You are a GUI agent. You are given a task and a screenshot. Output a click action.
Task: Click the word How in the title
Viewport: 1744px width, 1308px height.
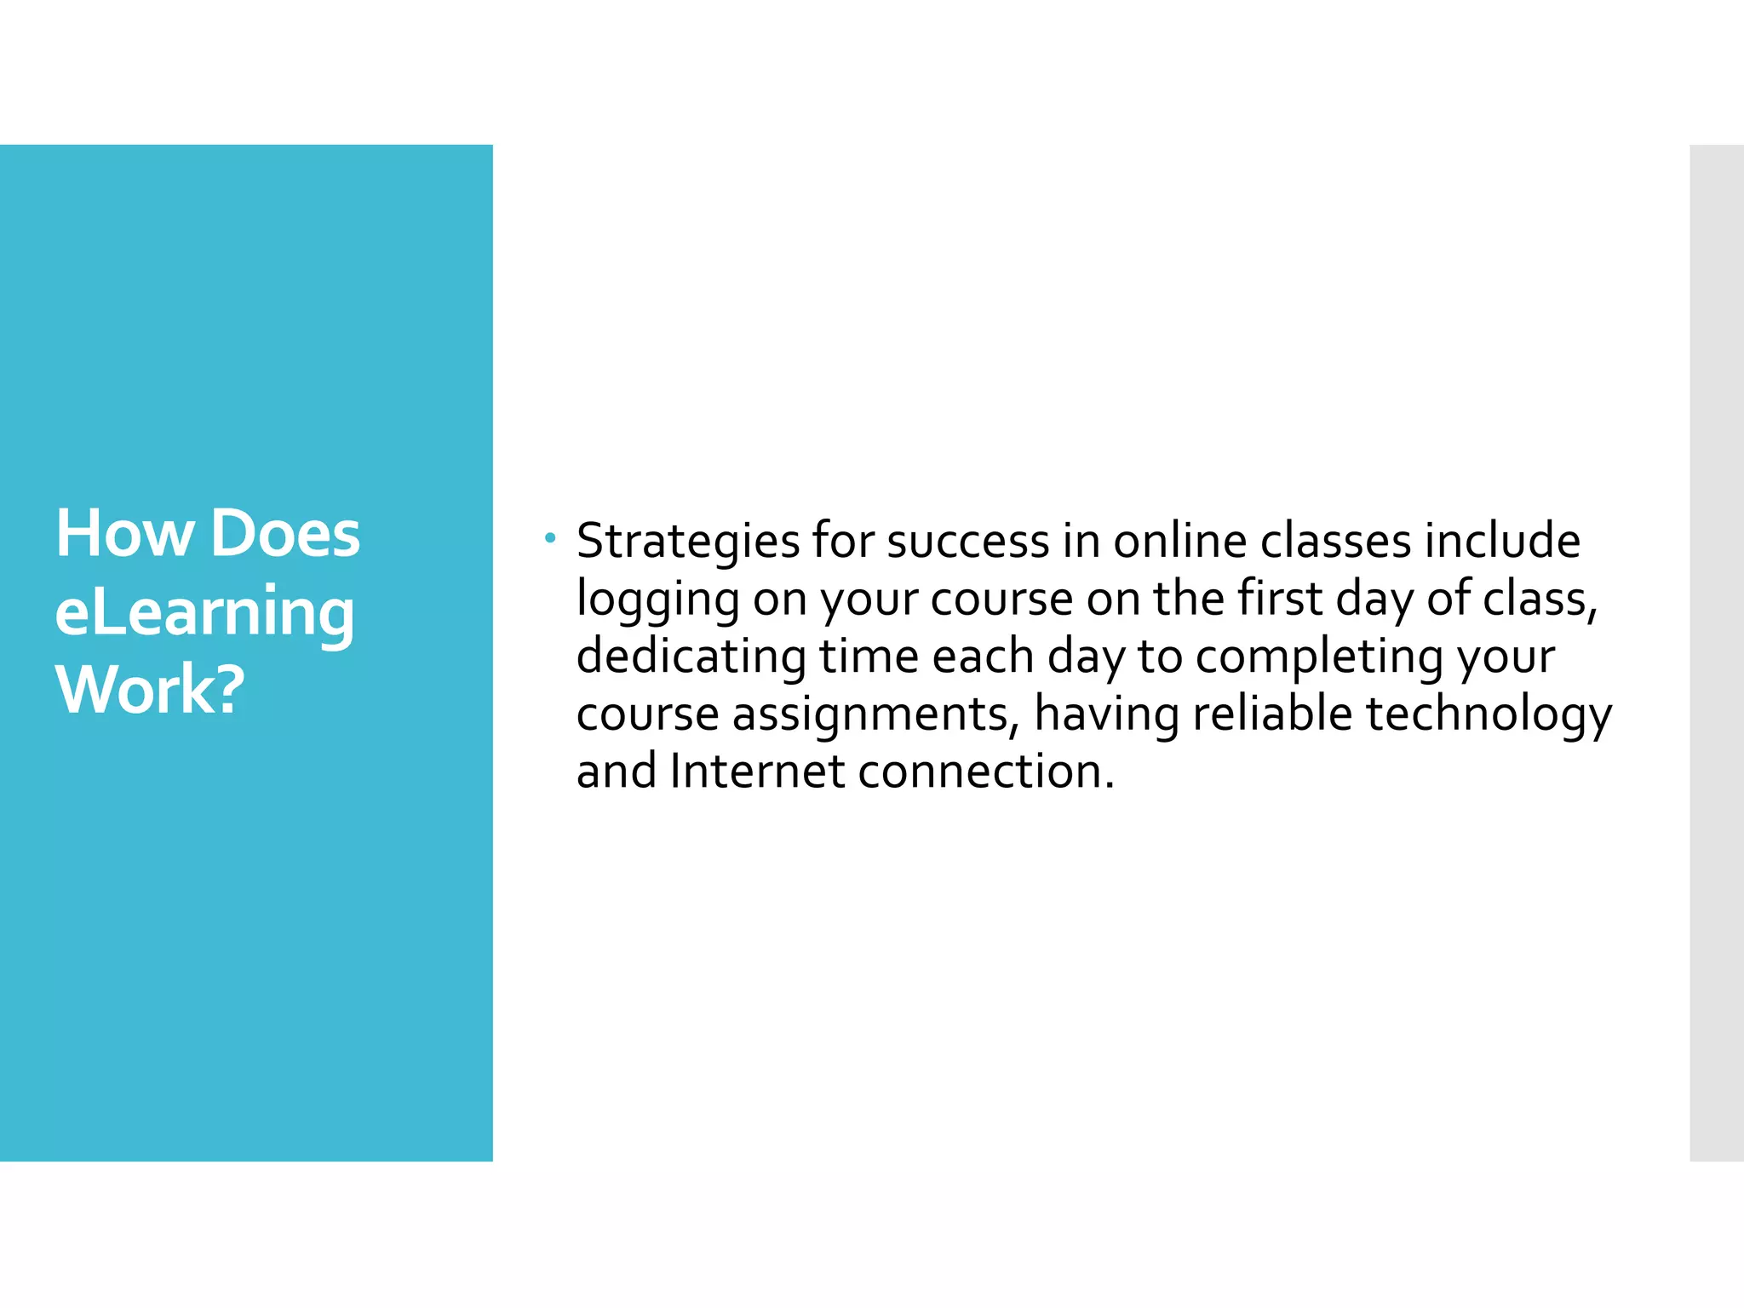point(124,534)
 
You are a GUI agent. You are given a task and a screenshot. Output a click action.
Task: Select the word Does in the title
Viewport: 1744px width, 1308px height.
point(285,534)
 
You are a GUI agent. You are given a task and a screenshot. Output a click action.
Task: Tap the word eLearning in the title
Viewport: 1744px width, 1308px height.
point(204,612)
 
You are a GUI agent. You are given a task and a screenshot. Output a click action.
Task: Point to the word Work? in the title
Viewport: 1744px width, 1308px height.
point(150,689)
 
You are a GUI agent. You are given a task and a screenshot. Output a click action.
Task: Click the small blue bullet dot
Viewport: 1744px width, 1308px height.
point(551,537)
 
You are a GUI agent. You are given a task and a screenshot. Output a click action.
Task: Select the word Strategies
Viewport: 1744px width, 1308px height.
point(688,542)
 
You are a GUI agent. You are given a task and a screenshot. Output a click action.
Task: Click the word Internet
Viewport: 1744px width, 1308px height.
point(757,772)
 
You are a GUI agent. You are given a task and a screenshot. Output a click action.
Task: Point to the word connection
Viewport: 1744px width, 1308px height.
point(985,772)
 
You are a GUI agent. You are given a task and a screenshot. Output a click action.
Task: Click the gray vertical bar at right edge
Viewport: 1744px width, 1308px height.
point(1716,652)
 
